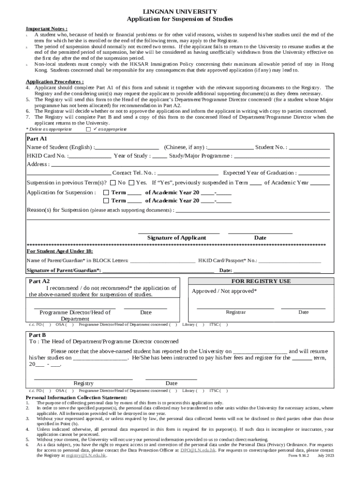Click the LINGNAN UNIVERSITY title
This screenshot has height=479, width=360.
point(180,11)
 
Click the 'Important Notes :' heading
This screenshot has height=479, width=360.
point(47,28)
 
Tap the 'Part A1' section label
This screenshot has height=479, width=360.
point(37,139)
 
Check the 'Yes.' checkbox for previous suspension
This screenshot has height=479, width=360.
point(131,183)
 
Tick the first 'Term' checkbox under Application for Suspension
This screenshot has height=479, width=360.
point(107,193)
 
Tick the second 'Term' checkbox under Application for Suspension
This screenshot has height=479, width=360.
point(107,201)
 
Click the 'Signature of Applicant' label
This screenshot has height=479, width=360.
point(176,238)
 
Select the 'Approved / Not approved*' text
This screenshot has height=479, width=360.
point(224,291)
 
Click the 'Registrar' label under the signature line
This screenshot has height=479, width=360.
point(236,312)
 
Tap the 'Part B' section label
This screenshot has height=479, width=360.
point(37,335)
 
